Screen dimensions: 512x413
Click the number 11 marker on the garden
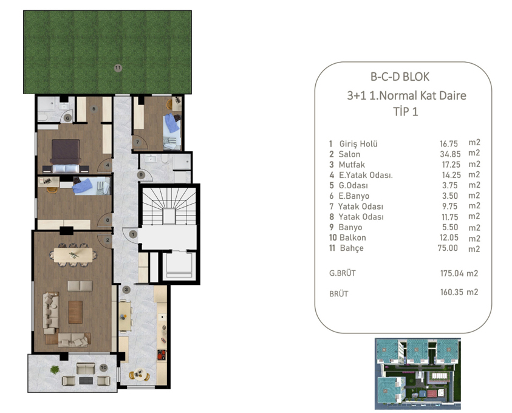point(118,68)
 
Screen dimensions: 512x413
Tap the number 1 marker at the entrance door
point(133,234)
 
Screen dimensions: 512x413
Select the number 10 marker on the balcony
point(103,367)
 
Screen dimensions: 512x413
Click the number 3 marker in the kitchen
point(126,289)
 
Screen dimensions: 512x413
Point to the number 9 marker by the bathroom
point(141,175)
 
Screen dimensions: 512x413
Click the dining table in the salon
point(73,255)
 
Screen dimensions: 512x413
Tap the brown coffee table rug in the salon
point(75,312)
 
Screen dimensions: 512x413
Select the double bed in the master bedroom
point(66,156)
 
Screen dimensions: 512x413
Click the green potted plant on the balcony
point(55,370)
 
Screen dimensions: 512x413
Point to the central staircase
point(169,206)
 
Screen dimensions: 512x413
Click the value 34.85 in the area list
point(450,154)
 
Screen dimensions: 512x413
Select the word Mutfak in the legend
point(352,165)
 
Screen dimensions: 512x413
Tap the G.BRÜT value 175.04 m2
point(459,273)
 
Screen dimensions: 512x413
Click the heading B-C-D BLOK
point(400,77)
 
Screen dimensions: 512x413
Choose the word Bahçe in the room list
point(352,248)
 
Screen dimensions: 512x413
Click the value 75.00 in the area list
point(448,248)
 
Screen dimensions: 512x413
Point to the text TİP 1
point(406,112)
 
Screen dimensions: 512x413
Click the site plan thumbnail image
point(418,374)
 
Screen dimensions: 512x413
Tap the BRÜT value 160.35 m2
point(459,292)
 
